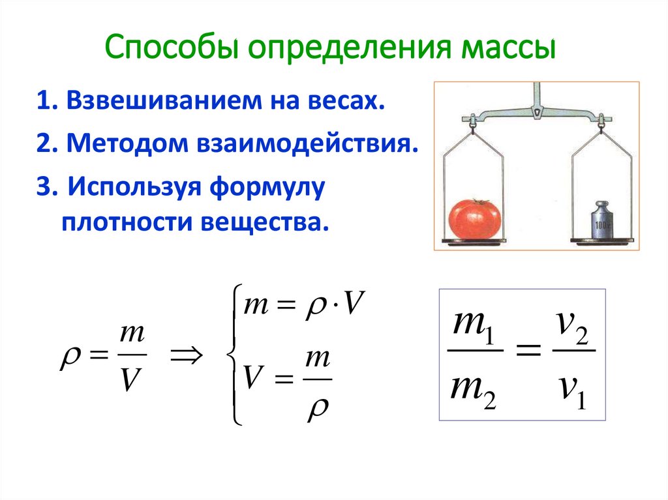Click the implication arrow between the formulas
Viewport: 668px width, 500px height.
click(x=186, y=356)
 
